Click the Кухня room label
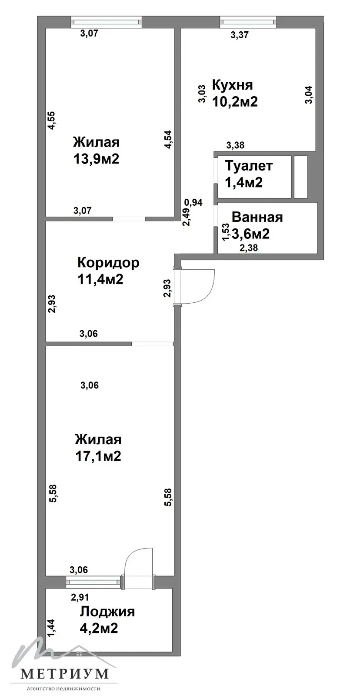[232, 85]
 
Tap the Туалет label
[249, 166]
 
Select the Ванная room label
[257, 217]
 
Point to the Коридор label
[108, 263]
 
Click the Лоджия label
[107, 612]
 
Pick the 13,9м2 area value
[96, 159]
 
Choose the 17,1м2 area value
[98, 456]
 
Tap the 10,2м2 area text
[235, 101]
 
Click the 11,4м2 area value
[100, 279]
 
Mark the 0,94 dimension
[193, 203]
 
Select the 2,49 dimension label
[186, 217]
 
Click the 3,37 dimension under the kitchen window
[240, 35]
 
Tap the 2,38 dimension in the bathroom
[249, 248]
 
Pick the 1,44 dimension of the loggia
[51, 628]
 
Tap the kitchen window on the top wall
[248, 22]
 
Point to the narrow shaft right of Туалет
[301, 177]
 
